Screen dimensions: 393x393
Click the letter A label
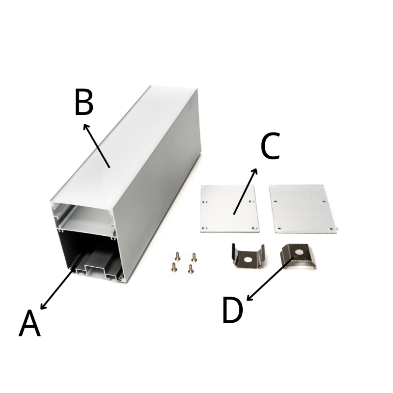pos(29,323)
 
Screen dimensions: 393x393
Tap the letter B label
pos(84,103)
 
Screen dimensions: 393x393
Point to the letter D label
pos(233,310)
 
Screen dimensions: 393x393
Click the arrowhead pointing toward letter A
pos(43,306)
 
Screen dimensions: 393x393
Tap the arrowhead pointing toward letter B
pos(86,127)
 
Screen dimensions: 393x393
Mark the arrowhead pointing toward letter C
pos(254,171)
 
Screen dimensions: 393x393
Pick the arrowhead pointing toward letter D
pos(250,297)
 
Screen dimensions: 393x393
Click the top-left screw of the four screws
pos(178,256)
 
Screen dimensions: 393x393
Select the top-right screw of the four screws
pos(194,257)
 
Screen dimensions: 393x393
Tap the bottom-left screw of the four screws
pos(173,267)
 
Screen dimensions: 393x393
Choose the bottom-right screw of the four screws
pos(191,269)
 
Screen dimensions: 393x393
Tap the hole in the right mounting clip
pos(299,253)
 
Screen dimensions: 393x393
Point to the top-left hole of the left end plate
pos(205,202)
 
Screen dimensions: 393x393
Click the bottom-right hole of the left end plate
pos(255,228)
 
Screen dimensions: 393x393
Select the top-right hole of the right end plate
pos(324,201)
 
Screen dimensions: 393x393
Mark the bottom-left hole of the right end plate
pos(279,228)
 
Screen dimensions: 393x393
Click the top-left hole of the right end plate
pos(276,201)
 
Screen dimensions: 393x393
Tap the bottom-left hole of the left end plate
pos(204,228)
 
